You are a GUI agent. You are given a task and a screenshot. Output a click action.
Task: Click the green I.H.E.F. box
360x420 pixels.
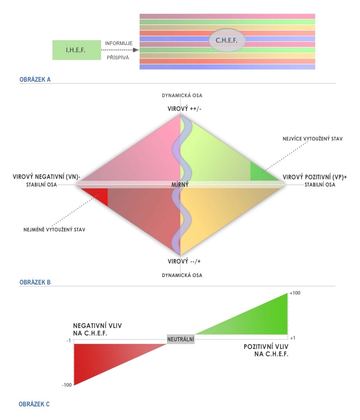tap(77, 50)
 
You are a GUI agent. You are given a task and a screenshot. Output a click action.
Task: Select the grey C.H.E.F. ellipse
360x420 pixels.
tap(227, 40)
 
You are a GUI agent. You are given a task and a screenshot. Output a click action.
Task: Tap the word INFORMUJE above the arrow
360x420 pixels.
tap(119, 44)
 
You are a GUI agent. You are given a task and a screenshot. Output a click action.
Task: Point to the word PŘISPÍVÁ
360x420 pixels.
tap(118, 57)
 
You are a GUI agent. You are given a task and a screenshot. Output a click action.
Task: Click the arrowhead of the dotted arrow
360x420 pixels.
tap(136, 50)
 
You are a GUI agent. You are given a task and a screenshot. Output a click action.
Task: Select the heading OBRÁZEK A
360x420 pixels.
tap(35, 79)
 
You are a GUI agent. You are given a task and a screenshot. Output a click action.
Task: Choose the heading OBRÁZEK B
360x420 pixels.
tap(35, 282)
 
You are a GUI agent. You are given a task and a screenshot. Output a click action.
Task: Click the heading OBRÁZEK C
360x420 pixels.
tap(34, 404)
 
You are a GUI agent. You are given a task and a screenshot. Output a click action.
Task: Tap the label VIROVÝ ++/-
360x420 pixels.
tap(184, 109)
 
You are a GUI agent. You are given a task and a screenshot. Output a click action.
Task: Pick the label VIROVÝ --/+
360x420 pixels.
tap(184, 262)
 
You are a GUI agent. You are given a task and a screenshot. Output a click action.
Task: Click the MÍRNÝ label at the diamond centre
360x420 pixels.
tap(180, 185)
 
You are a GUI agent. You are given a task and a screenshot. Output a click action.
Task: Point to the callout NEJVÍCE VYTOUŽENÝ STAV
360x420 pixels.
tap(313, 139)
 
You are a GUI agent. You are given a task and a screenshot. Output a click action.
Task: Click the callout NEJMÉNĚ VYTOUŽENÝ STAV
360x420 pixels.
tap(54, 230)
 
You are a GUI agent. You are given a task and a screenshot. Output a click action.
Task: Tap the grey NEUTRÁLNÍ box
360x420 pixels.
tap(181, 340)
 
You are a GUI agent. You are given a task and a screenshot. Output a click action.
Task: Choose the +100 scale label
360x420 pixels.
tap(295, 293)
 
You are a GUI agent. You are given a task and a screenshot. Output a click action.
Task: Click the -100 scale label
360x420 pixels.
tap(67, 385)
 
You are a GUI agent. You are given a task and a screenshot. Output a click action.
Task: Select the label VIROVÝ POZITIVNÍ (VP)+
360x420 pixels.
tap(315, 177)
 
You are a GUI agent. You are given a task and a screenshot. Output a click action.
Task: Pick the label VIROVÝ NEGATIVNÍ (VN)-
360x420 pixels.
tap(47, 177)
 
